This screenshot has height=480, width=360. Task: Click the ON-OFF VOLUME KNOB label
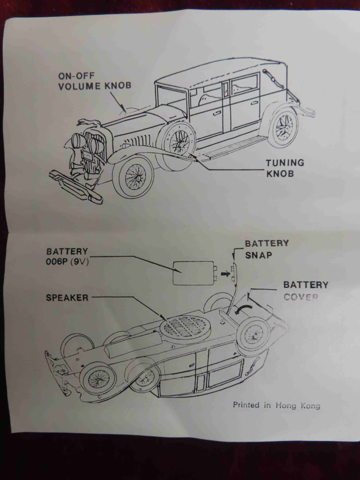(95, 81)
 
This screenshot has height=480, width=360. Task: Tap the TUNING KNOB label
(285, 168)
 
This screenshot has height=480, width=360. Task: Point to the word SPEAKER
(67, 298)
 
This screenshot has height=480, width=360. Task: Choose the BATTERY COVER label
(305, 291)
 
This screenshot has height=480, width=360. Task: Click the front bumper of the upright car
(76, 184)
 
